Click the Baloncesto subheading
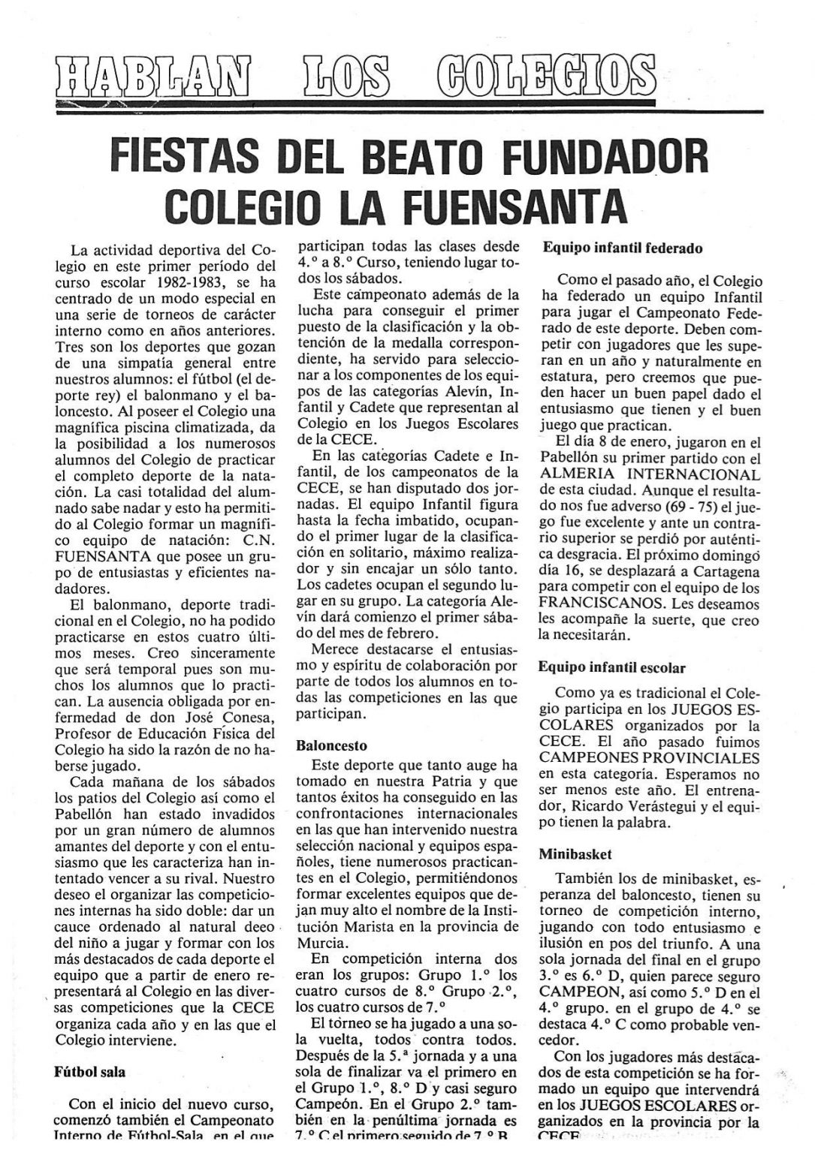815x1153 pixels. tap(331, 746)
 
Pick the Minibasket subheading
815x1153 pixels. tap(575, 853)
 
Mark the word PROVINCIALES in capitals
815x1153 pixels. tap(696, 757)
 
